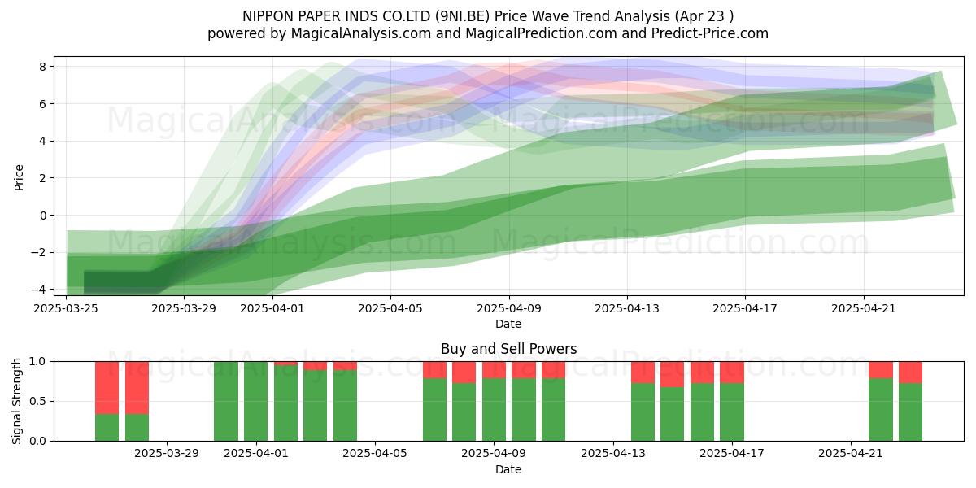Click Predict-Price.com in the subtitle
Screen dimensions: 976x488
coord(710,33)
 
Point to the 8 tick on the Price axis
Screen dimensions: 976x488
coord(42,67)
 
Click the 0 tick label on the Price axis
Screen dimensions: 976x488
coord(42,216)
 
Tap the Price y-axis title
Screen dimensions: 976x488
coord(19,177)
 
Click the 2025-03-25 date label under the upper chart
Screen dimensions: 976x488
coord(66,308)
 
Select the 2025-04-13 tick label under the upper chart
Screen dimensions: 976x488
coord(627,308)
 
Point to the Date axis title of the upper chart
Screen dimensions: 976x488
coord(508,324)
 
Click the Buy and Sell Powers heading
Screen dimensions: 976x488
coord(508,349)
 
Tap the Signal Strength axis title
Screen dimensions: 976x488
coord(16,401)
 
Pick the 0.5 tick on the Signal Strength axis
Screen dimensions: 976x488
coord(38,401)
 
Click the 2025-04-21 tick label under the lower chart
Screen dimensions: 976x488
coord(851,454)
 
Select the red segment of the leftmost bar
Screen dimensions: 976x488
coord(107,388)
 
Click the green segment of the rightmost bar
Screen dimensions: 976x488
coord(910,412)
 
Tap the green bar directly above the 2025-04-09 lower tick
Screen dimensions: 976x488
coord(495,410)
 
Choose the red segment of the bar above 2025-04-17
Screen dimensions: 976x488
coord(731,373)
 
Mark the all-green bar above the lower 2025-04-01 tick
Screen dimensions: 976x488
coord(255,401)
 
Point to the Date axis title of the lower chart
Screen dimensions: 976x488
coord(508,469)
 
